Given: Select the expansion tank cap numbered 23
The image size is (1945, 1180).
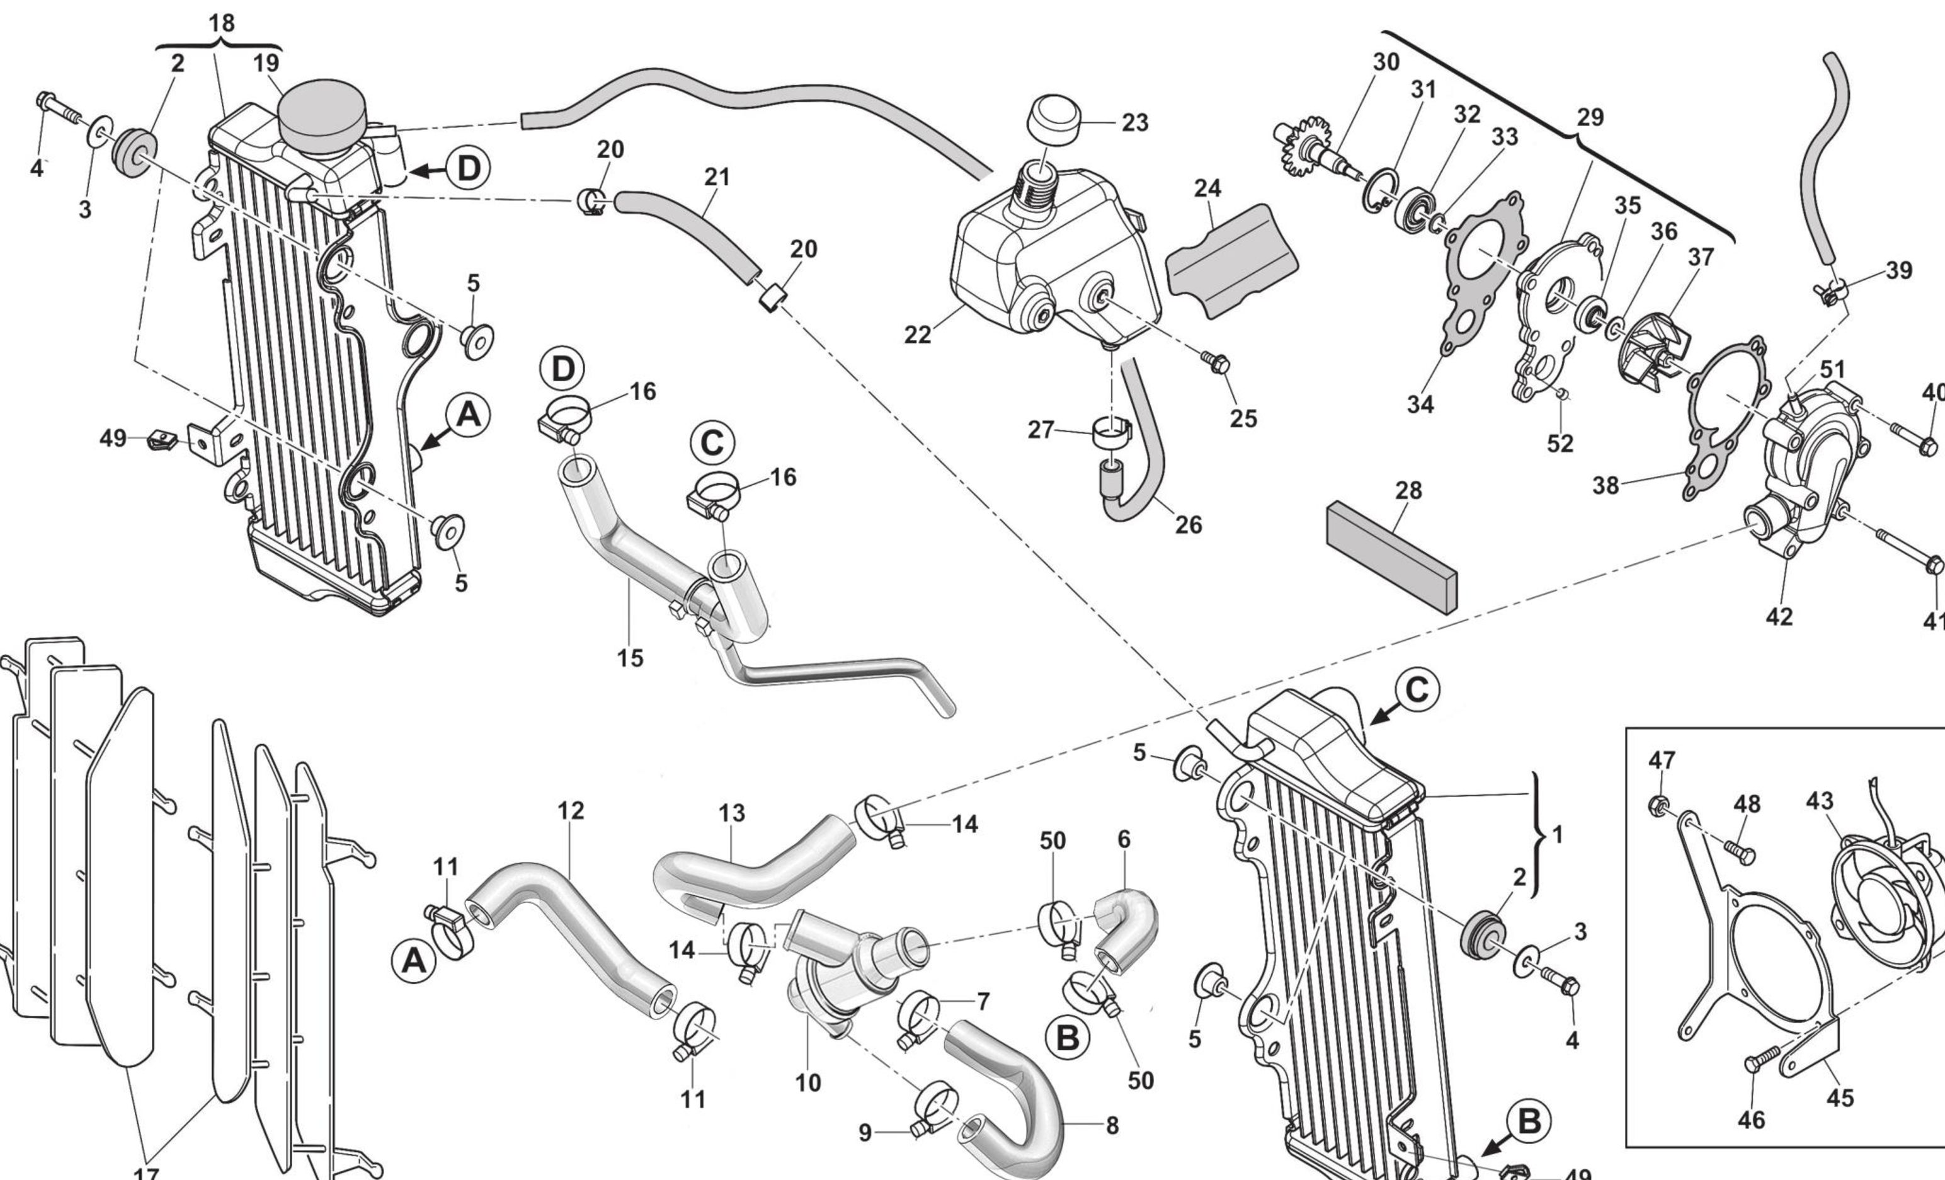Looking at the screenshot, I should (x=1053, y=120).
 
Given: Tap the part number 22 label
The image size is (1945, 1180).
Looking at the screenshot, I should (x=917, y=335).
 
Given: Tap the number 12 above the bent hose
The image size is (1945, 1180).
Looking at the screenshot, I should (x=571, y=811).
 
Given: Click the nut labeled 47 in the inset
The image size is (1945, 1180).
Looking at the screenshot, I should (x=1658, y=806).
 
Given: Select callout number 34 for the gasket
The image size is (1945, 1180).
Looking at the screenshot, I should (x=1420, y=404).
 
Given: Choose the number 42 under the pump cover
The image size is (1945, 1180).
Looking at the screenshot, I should (x=1779, y=616).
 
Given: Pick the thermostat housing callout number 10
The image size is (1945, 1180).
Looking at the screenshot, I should (x=807, y=1082).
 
